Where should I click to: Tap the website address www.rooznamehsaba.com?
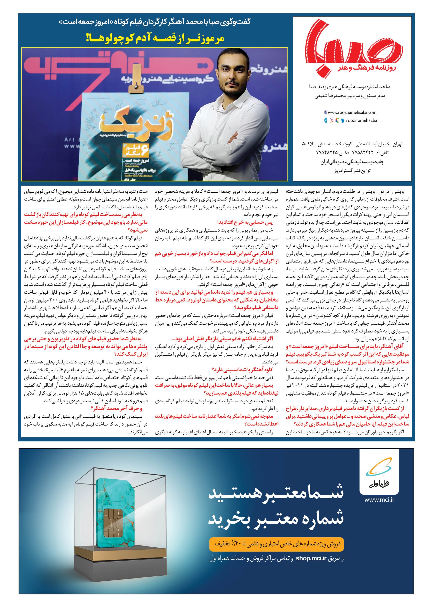[x=352, y=113]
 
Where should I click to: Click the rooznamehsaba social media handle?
[x=361, y=120]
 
